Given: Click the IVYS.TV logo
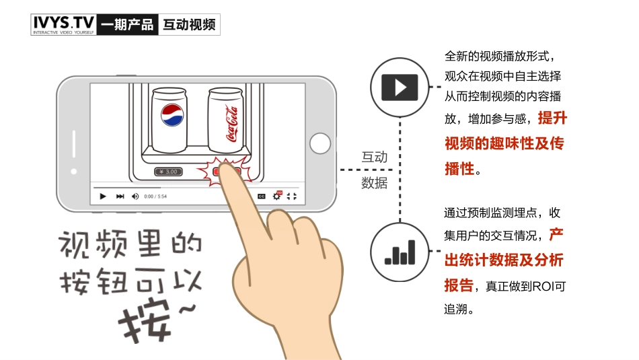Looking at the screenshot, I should [64, 24].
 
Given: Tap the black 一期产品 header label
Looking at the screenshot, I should [126, 26].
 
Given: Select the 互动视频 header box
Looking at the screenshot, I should [189, 26].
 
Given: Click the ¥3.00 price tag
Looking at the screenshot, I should [168, 172].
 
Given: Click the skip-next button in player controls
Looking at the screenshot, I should [120, 196].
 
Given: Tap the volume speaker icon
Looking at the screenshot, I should [135, 196].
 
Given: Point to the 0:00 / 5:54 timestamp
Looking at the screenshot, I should [155, 196].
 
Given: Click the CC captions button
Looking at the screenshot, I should [261, 196].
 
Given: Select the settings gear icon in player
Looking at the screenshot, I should [276, 196].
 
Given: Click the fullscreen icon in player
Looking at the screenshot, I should [291, 196].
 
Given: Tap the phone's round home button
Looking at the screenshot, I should [319, 143].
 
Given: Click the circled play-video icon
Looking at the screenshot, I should [400, 86].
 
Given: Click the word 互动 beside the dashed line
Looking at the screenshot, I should [375, 157].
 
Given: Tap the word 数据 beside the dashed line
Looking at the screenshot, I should [375, 183].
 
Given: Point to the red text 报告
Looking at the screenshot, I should [459, 285].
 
